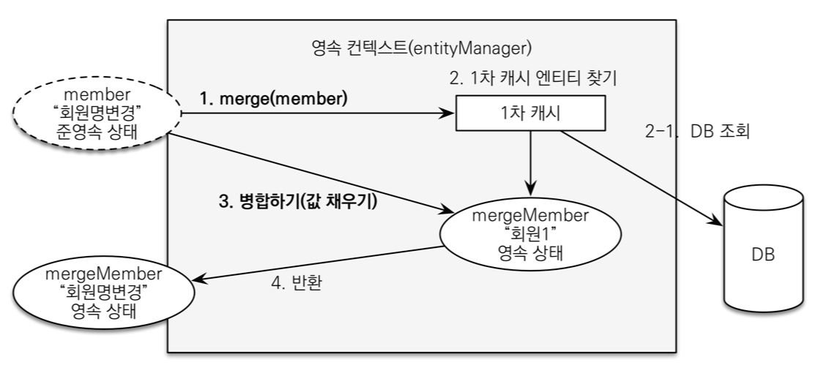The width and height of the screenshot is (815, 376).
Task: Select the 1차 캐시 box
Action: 531,113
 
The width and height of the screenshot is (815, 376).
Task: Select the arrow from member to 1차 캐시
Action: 315,113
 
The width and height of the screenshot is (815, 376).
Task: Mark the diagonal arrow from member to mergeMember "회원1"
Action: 308,173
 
